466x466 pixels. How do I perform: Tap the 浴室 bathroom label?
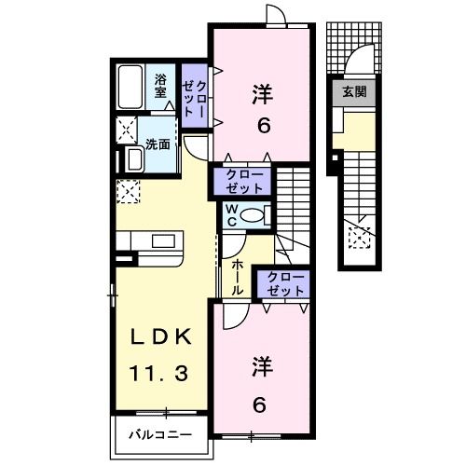(160, 86)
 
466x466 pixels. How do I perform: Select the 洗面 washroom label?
(158, 144)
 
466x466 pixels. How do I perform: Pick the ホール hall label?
(237, 277)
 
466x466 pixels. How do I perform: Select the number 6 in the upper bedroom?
(264, 125)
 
